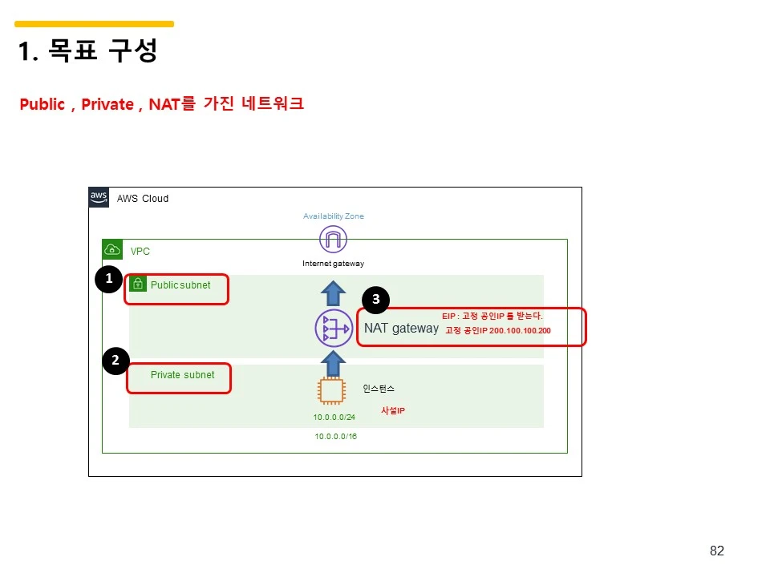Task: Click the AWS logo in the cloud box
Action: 99,198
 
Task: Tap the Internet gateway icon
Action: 333,240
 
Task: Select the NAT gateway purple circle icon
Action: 334,329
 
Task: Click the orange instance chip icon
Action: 331,391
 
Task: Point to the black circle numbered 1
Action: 108,279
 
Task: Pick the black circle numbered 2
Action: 115,361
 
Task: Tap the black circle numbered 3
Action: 375,301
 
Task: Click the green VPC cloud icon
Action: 112,250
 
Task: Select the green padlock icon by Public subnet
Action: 138,284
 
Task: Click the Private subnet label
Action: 182,375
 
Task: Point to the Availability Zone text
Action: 333,216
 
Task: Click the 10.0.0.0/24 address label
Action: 334,418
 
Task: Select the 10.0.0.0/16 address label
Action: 336,437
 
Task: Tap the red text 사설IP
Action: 392,411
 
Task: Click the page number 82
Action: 717,551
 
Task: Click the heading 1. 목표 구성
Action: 87,51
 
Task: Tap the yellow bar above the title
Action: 94,24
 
